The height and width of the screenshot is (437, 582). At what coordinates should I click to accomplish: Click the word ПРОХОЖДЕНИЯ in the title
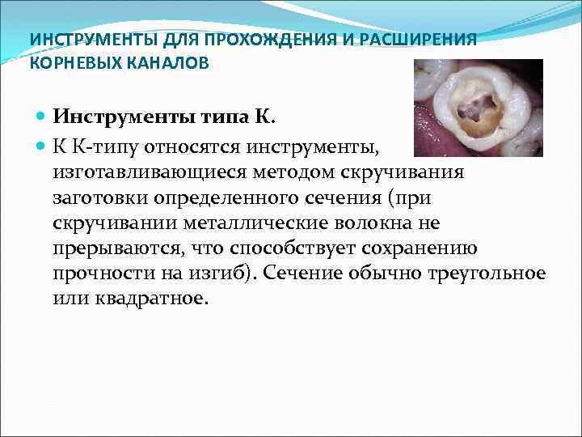(250, 40)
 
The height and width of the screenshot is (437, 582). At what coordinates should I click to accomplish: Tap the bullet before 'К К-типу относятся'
(43, 146)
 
